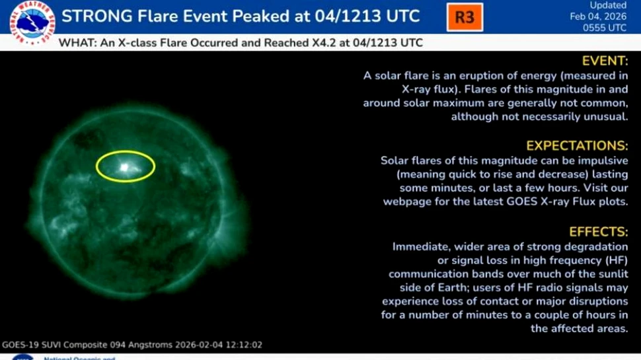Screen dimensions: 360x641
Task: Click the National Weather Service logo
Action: pos(32,22)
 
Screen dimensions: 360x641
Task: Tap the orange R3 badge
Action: pos(465,17)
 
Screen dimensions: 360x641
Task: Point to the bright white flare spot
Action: pos(124,167)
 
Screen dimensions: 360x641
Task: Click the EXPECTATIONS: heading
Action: pos(576,145)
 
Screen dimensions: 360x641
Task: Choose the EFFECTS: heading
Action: pos(598,232)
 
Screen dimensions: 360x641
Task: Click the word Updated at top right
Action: pos(608,5)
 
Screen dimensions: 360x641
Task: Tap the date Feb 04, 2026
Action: pos(598,17)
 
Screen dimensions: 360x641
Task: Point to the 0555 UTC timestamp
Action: pos(605,28)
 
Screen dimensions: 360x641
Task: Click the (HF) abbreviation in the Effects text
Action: pos(612,260)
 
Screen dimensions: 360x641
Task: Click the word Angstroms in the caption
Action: pos(155,345)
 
